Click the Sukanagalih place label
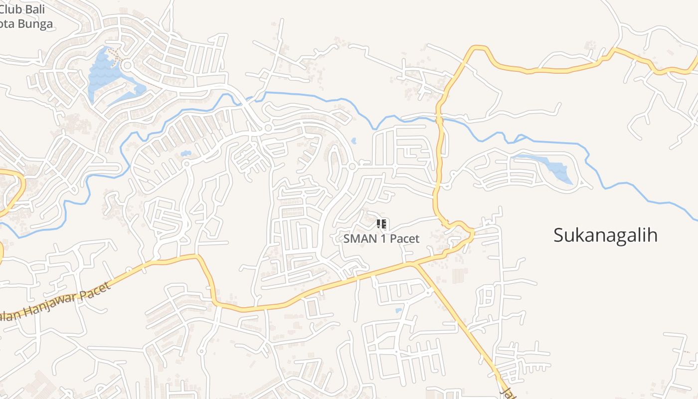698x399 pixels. [x=605, y=235]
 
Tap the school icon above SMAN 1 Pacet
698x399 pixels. [x=381, y=224]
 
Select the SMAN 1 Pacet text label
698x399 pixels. [x=381, y=238]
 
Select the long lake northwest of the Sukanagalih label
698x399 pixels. [x=548, y=167]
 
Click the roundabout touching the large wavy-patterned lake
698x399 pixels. [x=127, y=65]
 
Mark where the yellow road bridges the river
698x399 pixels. [x=439, y=119]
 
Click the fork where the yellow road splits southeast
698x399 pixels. [x=413, y=264]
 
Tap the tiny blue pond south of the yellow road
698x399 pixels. [x=398, y=310]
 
